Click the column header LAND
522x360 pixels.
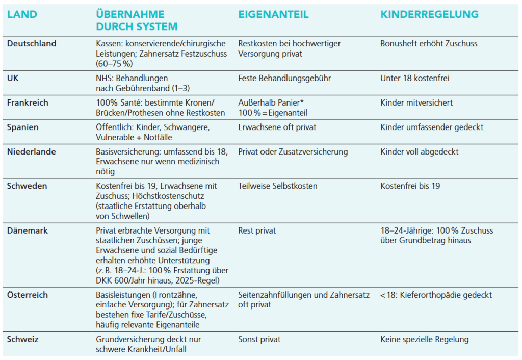click(x=22, y=14)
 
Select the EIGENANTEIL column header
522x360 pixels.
click(x=273, y=14)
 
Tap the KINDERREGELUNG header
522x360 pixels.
click(x=429, y=14)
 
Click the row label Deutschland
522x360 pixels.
click(x=32, y=44)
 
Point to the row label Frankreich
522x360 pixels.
click(x=28, y=103)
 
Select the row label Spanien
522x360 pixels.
click(x=22, y=127)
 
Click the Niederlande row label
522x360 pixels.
click(x=32, y=152)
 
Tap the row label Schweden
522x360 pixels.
click(x=27, y=186)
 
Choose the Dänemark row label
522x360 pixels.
click(x=28, y=230)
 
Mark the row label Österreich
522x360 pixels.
click(x=28, y=295)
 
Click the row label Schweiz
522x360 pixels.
click(x=22, y=339)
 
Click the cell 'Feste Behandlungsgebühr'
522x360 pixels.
click(x=284, y=79)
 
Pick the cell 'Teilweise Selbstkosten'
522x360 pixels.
click(x=278, y=186)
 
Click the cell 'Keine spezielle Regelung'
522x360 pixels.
click(x=424, y=339)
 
